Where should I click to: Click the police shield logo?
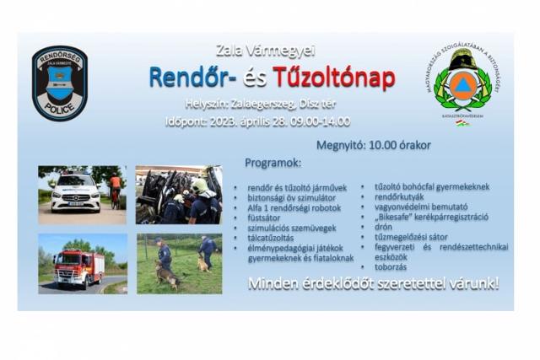point(59,83)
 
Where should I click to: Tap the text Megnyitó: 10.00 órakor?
point(373,145)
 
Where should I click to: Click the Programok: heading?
point(273,162)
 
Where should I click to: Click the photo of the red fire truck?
point(82,263)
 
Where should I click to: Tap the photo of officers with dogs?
point(179,263)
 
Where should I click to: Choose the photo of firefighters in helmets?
point(179,194)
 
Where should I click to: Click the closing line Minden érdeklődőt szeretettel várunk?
point(373,284)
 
